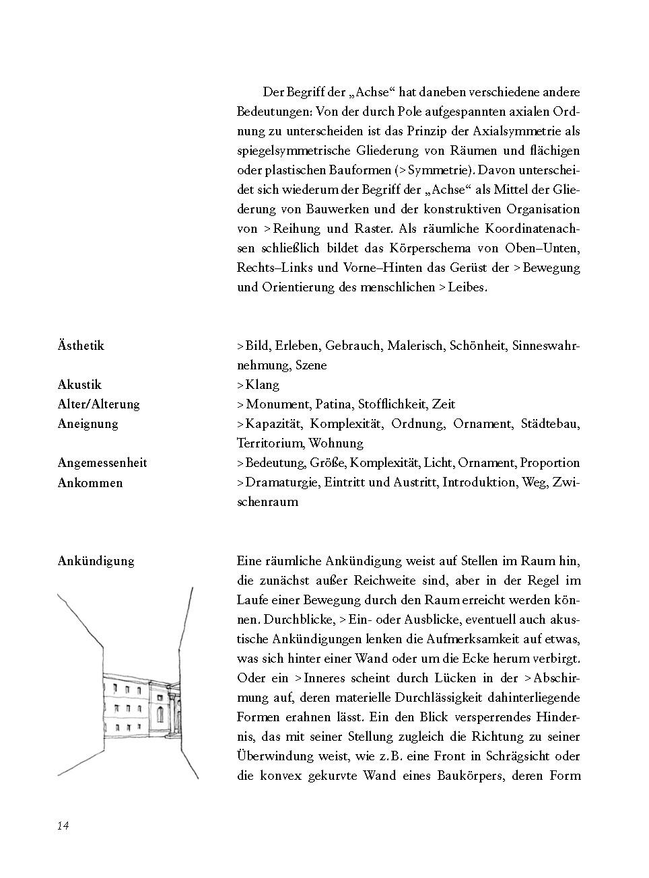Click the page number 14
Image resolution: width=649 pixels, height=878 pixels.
63,826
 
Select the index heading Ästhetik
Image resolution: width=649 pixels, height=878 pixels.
81,346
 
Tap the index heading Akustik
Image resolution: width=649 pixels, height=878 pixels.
79,385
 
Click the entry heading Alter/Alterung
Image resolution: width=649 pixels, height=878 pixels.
98,404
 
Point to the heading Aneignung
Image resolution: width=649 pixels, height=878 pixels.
88,424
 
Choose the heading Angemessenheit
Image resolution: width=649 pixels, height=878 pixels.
102,463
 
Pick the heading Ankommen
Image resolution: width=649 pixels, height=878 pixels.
90,483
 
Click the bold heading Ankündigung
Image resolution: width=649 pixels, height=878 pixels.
96,561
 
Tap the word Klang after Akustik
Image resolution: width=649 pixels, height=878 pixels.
262,385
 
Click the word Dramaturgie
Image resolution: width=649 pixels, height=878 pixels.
281,483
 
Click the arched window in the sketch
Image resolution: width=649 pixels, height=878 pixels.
160,713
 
